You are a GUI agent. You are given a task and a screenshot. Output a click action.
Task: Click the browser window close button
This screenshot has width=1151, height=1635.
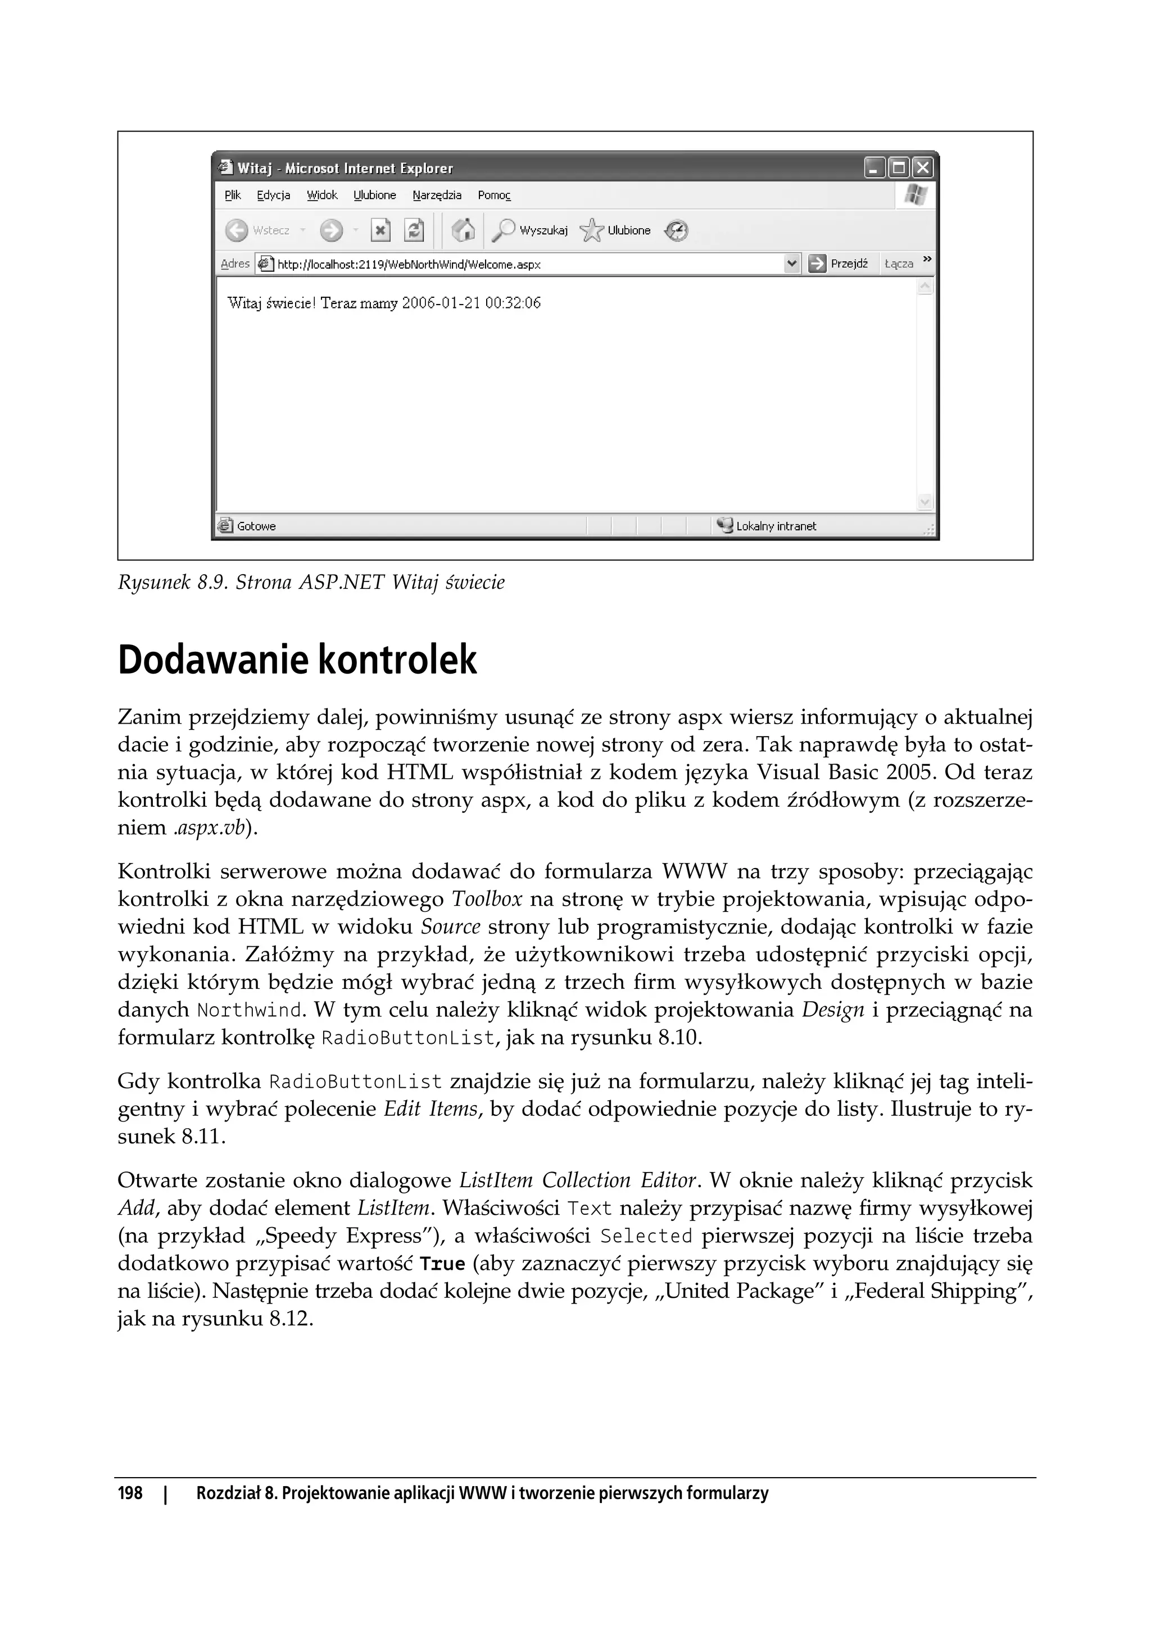[x=922, y=168]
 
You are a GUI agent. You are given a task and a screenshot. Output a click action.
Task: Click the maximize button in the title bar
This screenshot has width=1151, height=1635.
[x=899, y=168]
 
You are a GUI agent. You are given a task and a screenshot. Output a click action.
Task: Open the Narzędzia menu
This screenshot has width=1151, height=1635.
[x=437, y=195]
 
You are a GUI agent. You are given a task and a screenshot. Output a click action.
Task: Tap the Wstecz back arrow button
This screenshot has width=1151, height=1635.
[x=237, y=230]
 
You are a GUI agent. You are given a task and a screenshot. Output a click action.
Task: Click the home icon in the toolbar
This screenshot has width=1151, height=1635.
[x=463, y=230]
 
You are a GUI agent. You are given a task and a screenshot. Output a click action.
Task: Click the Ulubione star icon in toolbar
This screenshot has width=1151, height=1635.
[x=591, y=230]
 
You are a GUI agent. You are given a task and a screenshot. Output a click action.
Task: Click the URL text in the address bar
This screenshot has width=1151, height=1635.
[x=409, y=264]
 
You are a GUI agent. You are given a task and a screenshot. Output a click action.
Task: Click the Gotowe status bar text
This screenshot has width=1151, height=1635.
[x=256, y=526]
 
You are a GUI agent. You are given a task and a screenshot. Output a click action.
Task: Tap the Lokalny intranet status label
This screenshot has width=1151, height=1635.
[x=776, y=526]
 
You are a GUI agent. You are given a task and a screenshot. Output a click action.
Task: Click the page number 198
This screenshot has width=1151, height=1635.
[x=130, y=1493]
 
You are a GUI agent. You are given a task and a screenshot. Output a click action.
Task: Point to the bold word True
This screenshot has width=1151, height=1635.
[x=442, y=1264]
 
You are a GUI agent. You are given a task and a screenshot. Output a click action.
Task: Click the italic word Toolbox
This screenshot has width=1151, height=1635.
[x=487, y=900]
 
